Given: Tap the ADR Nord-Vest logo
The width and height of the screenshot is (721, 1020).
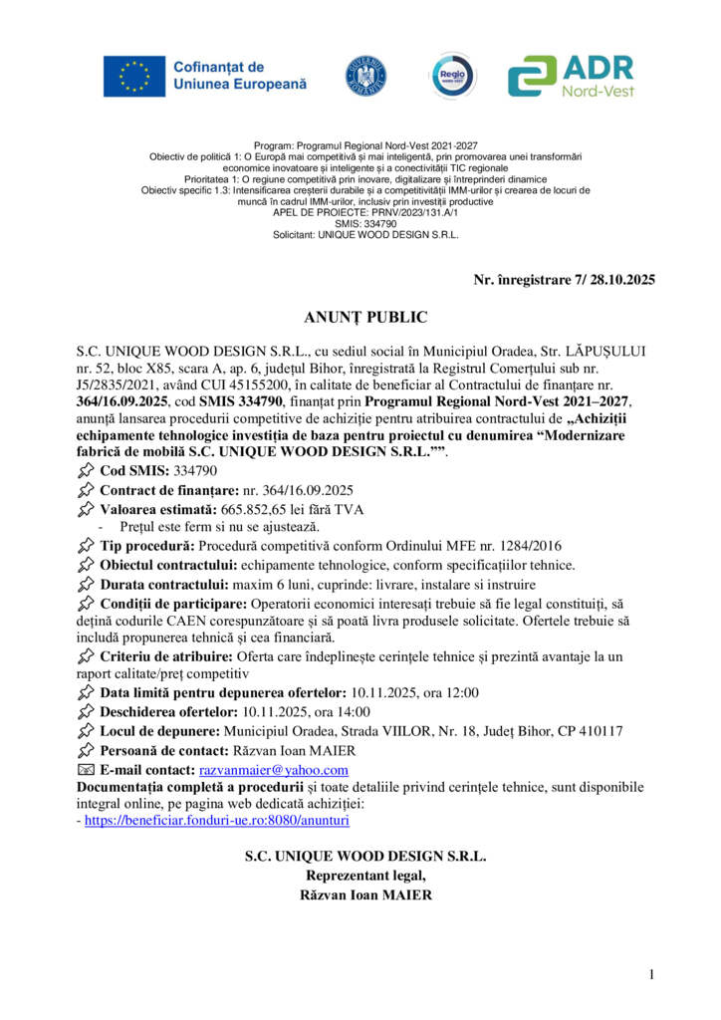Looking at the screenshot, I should [x=571, y=76].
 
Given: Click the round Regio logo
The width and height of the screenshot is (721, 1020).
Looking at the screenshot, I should [x=450, y=76].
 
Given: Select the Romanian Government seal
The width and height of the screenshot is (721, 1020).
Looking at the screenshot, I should [x=365, y=77].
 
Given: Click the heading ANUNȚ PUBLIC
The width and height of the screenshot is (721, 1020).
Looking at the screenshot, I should [x=365, y=318].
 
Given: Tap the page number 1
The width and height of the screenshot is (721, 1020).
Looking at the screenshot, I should [x=651, y=974].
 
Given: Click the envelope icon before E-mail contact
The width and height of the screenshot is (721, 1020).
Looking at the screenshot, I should [x=86, y=770].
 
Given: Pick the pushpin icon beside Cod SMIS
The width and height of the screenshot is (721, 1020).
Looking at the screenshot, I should [x=86, y=469].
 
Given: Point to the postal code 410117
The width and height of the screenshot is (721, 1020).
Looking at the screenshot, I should [x=598, y=731].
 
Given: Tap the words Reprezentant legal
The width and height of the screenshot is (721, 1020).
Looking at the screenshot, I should [x=365, y=876].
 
